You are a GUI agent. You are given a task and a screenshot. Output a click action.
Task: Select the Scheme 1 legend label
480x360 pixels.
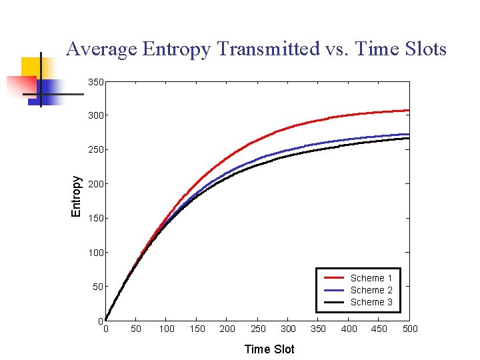click(x=371, y=278)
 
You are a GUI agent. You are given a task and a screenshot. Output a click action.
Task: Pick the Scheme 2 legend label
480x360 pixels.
click(x=371, y=290)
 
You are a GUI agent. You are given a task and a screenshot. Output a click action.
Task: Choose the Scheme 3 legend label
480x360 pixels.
click(x=371, y=302)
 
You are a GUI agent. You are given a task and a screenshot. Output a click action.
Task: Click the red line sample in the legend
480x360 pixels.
click(x=333, y=278)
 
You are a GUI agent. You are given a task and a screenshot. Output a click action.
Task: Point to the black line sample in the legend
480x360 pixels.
click(x=333, y=302)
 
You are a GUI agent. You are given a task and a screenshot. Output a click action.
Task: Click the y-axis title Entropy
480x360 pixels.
click(x=77, y=196)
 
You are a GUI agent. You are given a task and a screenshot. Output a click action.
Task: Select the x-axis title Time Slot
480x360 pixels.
click(x=269, y=349)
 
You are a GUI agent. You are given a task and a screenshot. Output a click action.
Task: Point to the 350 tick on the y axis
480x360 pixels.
click(x=96, y=83)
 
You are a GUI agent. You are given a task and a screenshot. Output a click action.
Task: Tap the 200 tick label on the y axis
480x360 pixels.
click(x=96, y=184)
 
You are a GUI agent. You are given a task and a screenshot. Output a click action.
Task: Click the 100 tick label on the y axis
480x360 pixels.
click(x=96, y=253)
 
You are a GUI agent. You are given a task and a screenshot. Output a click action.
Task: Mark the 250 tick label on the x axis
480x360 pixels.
click(x=258, y=329)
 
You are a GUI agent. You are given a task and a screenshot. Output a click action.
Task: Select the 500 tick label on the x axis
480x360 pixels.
click(x=410, y=329)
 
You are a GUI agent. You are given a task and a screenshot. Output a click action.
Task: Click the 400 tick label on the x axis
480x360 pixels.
click(x=349, y=329)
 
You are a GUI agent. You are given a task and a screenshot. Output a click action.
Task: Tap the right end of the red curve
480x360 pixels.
click(x=408, y=111)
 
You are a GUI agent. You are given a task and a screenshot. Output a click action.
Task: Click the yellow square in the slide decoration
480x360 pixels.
click(x=31, y=67)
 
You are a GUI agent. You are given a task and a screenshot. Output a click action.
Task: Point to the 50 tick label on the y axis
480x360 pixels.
click(x=98, y=287)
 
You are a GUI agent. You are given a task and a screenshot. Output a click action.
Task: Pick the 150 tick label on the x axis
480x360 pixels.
click(x=197, y=329)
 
